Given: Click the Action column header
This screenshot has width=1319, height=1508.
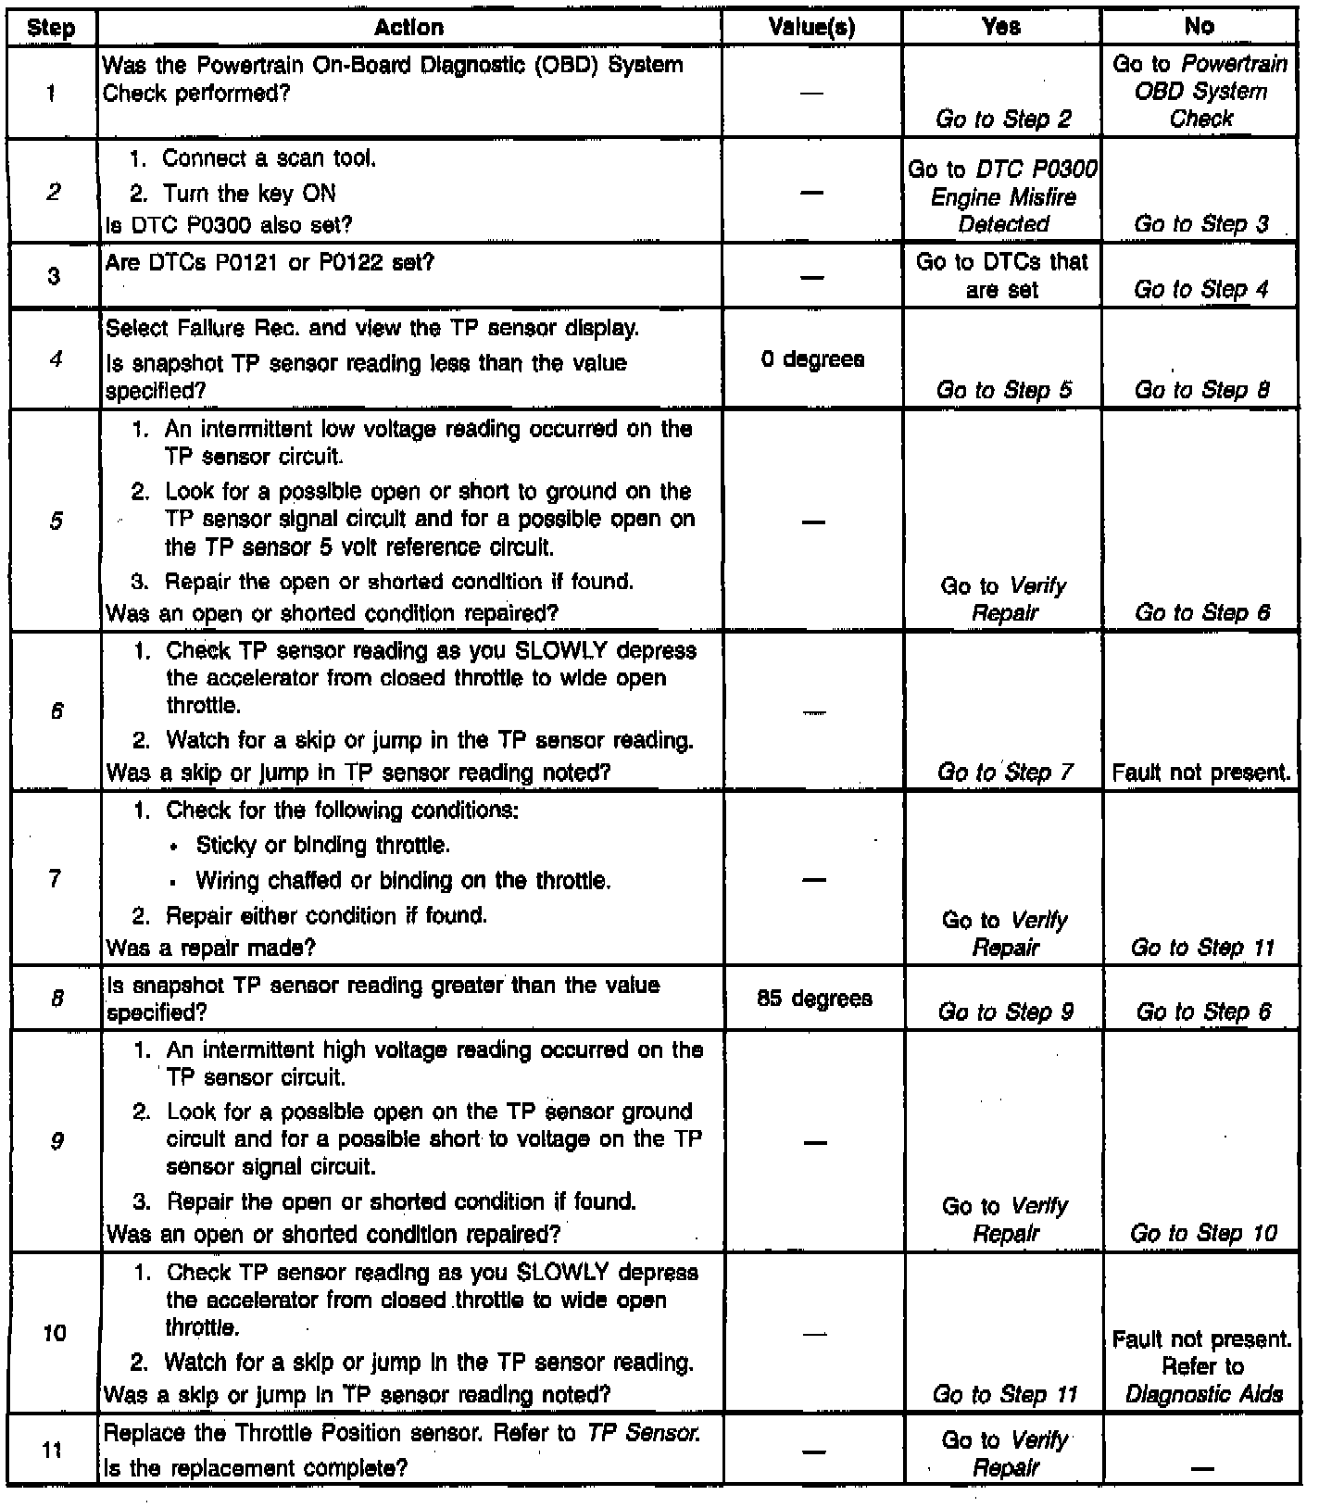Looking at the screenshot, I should tap(408, 28).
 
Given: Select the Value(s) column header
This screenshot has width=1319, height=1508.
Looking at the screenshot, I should tap(811, 28).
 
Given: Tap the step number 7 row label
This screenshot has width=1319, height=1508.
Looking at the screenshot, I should tap(55, 877).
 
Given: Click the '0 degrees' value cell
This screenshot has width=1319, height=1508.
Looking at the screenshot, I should tap(812, 359).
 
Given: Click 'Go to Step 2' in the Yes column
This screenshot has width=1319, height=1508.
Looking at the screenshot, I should tap(1003, 119).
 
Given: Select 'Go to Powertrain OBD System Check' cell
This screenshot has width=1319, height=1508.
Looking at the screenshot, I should tap(1200, 91).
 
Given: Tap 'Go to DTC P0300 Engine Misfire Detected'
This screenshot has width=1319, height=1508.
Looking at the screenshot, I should tap(1003, 196).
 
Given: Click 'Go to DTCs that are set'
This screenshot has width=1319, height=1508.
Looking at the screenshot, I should tap(1002, 275).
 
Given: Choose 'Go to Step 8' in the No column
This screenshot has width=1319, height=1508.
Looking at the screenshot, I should tap(1202, 390).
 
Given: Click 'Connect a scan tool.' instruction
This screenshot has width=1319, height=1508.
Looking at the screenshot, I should tap(269, 158).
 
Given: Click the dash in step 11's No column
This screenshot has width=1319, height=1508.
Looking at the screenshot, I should tap(1201, 1468).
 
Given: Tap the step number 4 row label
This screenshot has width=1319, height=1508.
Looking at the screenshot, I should tap(55, 358).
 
